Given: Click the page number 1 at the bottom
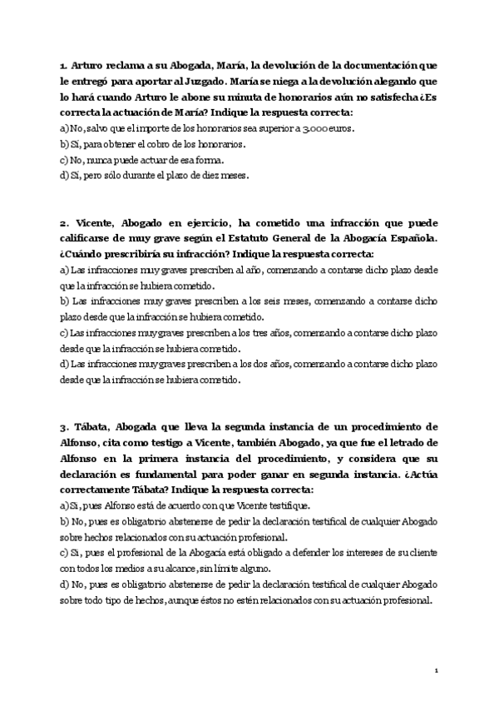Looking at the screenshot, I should click(437, 669).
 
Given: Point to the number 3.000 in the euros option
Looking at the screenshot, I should click(316, 128).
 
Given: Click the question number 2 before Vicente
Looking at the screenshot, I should click(63, 225).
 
